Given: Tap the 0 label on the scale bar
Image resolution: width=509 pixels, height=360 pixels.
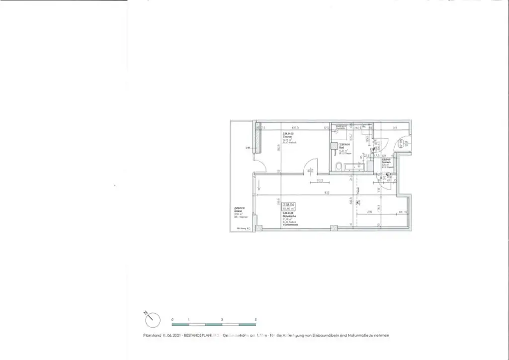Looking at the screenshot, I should (171, 318).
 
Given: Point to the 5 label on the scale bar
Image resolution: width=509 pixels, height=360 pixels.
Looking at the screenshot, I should (255, 318).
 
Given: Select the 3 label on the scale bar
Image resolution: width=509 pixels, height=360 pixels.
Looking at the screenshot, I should (222, 318).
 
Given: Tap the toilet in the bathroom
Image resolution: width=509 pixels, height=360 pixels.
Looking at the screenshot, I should (338, 167).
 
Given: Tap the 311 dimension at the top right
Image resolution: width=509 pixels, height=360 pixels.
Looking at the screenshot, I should (396, 128).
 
